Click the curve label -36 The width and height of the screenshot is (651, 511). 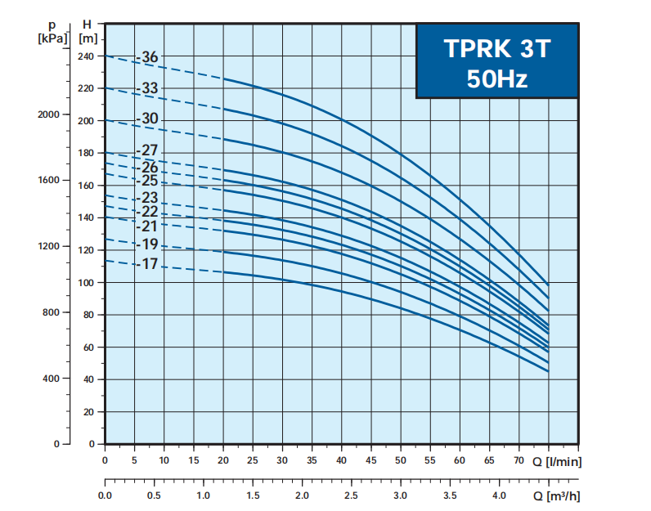click(149, 57)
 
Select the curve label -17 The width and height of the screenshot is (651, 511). click(149, 264)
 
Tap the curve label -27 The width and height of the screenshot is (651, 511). click(149, 150)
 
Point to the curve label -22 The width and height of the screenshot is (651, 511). click(149, 212)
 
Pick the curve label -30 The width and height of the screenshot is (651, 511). click(149, 119)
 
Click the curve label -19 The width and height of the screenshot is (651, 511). click(149, 244)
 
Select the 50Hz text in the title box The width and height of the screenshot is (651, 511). click(497, 79)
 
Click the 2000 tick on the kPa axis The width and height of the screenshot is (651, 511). click(48, 114)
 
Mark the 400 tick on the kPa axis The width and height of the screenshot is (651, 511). click(51, 379)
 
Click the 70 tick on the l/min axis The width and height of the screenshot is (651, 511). click(519, 460)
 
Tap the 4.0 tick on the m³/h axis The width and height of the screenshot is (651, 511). click(499, 496)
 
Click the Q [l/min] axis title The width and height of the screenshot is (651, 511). click(563, 460)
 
